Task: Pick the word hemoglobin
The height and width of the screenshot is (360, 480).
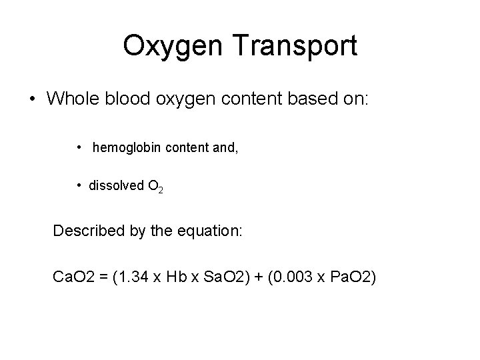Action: tap(127, 147)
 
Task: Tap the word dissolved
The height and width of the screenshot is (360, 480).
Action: tap(115, 186)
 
